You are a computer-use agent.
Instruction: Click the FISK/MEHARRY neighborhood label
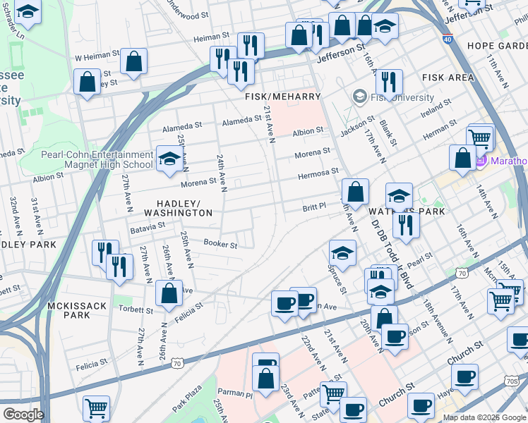click(x=283, y=97)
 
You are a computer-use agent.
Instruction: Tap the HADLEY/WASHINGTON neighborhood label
click(x=178, y=208)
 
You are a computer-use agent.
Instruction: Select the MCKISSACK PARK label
click(x=68, y=310)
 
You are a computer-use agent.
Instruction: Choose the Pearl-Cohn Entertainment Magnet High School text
click(x=97, y=159)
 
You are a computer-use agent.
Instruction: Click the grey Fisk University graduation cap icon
click(x=360, y=96)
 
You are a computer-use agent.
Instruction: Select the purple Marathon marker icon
click(x=482, y=161)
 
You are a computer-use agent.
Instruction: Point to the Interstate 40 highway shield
click(x=448, y=40)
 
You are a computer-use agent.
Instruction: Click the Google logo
click(x=23, y=415)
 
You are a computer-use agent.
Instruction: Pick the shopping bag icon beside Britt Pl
click(x=356, y=191)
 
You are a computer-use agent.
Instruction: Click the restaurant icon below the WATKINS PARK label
click(x=405, y=224)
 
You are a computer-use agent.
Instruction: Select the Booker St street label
click(x=220, y=245)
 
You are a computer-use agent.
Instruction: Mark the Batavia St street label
click(x=147, y=227)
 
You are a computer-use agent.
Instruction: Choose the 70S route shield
click(x=521, y=380)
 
